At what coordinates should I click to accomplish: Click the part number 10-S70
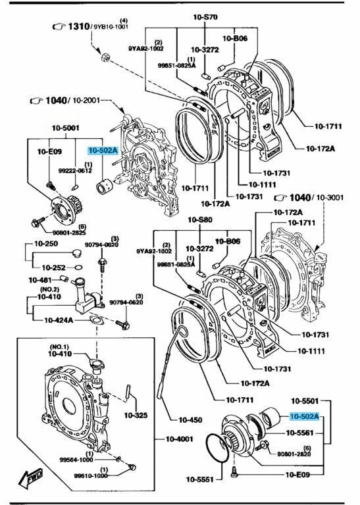205,17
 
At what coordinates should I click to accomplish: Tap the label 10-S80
200,220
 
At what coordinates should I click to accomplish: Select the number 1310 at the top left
78,26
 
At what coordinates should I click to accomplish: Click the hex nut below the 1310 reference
105,57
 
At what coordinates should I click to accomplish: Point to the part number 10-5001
65,128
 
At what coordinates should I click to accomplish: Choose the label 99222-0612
75,170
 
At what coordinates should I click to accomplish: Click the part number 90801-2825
69,233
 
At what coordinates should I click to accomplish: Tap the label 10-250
46,243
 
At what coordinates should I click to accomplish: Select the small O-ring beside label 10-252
78,267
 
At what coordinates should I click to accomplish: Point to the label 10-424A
59,320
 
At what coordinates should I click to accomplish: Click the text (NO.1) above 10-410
59,347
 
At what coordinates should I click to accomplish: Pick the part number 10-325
136,415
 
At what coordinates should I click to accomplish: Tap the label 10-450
190,420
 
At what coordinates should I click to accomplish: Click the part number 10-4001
179,439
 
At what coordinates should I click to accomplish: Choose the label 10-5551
199,479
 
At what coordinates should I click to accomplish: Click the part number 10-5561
299,433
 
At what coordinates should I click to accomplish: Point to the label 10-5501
305,401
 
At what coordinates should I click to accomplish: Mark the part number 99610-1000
91,475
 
